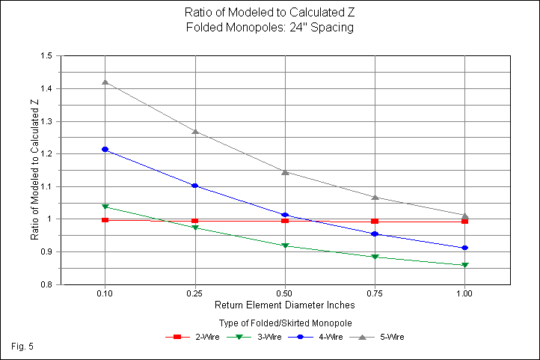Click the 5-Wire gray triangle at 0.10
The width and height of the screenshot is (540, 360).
coord(105,82)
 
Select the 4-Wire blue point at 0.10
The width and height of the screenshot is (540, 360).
coord(105,150)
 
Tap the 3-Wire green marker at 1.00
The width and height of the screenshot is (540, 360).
coord(465,265)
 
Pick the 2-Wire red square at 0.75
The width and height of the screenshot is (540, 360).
coord(375,222)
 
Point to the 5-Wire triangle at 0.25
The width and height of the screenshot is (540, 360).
coord(195,131)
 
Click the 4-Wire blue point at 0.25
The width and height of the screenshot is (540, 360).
coord(195,186)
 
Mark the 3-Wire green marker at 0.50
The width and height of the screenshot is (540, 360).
coord(285,245)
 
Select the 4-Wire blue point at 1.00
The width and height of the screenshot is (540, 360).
coord(465,248)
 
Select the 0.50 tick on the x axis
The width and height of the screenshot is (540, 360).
coord(285,295)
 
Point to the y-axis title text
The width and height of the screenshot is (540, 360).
coord(34,171)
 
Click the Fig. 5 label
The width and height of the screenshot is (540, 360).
coord(23,347)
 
